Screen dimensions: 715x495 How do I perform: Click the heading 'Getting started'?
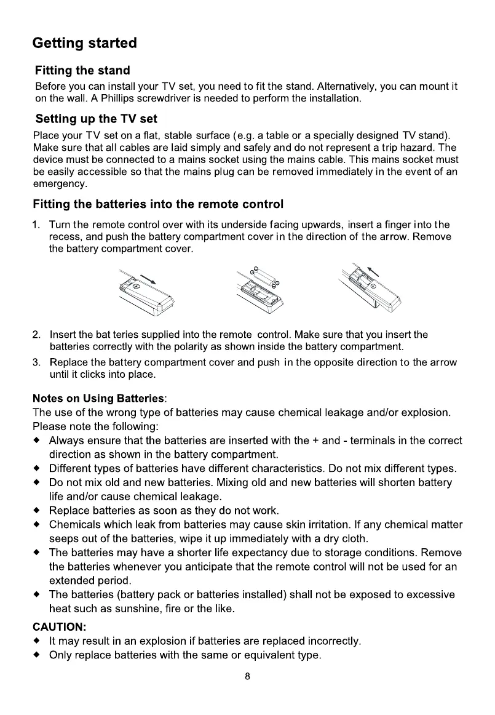[x=84, y=44]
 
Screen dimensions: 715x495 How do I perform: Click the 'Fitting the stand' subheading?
[x=82, y=71]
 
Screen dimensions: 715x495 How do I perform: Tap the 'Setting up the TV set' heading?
[x=97, y=118]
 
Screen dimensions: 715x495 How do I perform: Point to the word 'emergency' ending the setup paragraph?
[x=60, y=183]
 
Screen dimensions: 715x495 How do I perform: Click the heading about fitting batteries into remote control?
[x=159, y=204]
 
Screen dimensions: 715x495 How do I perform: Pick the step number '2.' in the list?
[x=37, y=335]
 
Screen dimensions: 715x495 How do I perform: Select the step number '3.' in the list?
[x=37, y=362]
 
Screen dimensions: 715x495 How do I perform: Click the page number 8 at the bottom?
[x=247, y=677]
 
